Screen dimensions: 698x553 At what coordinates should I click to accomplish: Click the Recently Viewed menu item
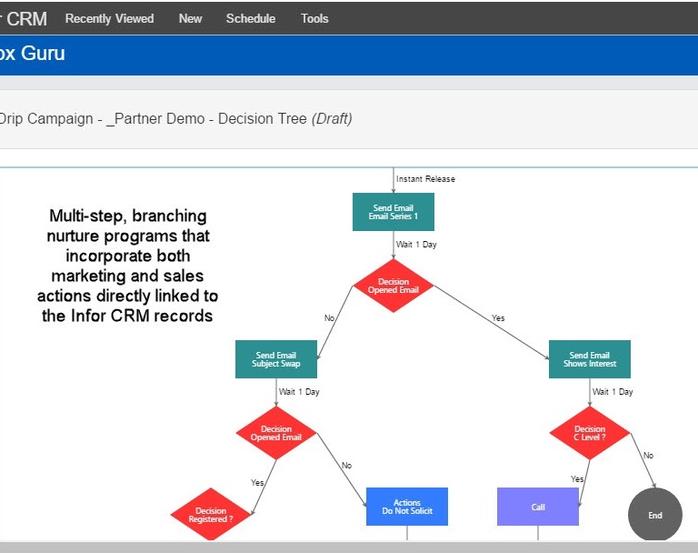pyautogui.click(x=109, y=19)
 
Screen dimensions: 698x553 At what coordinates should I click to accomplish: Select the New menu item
pyautogui.click(x=191, y=19)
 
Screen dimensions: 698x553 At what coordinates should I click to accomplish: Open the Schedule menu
pyautogui.click(x=251, y=19)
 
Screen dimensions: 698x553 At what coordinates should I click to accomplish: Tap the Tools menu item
pyautogui.click(x=314, y=19)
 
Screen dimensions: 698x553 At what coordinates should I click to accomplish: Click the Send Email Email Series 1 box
pyautogui.click(x=393, y=212)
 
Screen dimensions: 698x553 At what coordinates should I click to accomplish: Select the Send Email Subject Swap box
pyautogui.click(x=276, y=359)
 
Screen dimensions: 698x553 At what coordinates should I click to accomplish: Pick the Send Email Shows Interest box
pyautogui.click(x=589, y=359)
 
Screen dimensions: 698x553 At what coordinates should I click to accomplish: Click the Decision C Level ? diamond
pyautogui.click(x=589, y=433)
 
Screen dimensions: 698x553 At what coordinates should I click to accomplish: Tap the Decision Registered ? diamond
pyautogui.click(x=211, y=514)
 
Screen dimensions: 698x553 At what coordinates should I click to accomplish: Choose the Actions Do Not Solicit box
pyautogui.click(x=407, y=507)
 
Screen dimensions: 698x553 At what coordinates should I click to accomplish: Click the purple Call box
pyautogui.click(x=538, y=507)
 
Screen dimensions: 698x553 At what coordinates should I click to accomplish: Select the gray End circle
pyautogui.click(x=654, y=515)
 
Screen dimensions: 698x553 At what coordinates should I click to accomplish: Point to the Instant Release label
pyautogui.click(x=425, y=179)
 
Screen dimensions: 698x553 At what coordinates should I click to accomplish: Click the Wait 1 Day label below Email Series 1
pyautogui.click(x=416, y=245)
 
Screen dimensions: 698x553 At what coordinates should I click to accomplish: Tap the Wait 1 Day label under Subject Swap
pyautogui.click(x=299, y=392)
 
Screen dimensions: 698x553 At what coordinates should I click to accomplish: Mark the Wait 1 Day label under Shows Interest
pyautogui.click(x=613, y=392)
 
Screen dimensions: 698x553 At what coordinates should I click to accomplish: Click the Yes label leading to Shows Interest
pyautogui.click(x=498, y=318)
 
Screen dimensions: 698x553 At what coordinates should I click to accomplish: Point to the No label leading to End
pyautogui.click(x=648, y=456)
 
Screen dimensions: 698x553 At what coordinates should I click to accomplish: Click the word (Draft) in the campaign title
pyautogui.click(x=332, y=118)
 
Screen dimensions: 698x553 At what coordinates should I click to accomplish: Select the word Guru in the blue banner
pyautogui.click(x=43, y=54)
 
